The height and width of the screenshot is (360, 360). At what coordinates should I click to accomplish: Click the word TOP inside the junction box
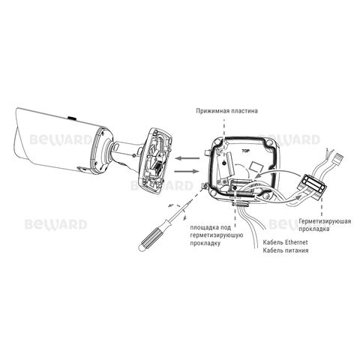click(x=246, y=151)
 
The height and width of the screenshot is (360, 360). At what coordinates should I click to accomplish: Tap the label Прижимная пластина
click(x=226, y=111)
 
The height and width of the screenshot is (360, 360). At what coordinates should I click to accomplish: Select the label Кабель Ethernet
click(x=285, y=242)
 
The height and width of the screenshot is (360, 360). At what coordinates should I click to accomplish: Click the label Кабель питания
click(x=285, y=250)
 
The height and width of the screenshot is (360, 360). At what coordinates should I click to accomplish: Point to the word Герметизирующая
click(x=325, y=221)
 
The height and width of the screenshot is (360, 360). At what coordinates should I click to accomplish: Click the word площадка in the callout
click(x=205, y=227)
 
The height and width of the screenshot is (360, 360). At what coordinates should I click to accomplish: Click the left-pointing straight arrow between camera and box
click(x=187, y=158)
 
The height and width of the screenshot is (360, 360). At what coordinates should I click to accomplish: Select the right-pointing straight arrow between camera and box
click(x=187, y=171)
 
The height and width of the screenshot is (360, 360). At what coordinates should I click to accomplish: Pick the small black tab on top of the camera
click(x=72, y=118)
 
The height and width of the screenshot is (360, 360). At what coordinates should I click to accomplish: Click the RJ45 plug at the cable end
click(x=338, y=157)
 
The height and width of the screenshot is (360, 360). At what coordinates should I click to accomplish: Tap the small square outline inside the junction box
click(x=256, y=167)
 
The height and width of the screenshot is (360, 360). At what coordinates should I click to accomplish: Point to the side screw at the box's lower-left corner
click(x=203, y=185)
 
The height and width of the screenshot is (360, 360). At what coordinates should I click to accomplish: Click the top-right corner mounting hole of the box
click(x=269, y=145)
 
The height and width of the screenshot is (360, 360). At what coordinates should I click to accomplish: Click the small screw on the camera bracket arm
click(x=134, y=156)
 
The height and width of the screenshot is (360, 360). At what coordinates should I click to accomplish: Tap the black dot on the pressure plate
click(x=224, y=163)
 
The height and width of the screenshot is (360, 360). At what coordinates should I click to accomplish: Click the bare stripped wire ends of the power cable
click(x=329, y=152)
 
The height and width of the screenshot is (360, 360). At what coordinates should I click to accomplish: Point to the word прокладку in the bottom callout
click(x=205, y=243)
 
